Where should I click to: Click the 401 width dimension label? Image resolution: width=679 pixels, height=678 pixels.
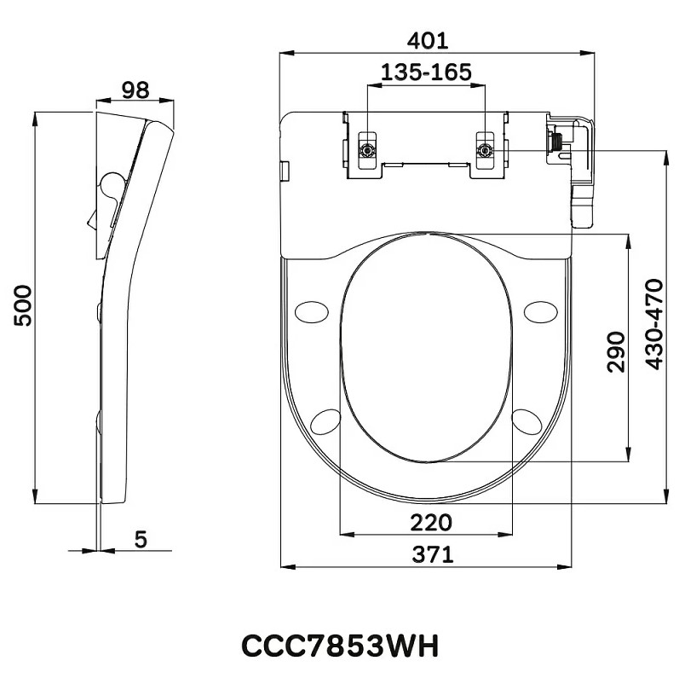(x=427, y=41)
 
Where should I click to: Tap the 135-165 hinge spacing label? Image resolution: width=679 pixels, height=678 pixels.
(x=426, y=72)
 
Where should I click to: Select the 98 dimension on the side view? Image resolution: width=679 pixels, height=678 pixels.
(x=135, y=90)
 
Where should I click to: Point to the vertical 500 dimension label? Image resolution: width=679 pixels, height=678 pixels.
(x=23, y=305)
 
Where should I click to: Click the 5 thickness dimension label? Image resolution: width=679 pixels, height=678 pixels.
(x=141, y=539)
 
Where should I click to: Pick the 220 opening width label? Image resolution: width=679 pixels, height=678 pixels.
(x=431, y=523)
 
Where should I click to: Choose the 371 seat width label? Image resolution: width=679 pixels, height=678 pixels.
(x=432, y=554)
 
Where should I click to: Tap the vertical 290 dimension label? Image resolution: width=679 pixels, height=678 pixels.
(x=616, y=351)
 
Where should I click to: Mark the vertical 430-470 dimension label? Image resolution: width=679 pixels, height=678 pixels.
(x=654, y=324)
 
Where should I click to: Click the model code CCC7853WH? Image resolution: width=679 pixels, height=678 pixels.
(x=340, y=646)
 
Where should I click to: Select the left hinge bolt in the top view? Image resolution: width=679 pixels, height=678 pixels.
(x=367, y=151)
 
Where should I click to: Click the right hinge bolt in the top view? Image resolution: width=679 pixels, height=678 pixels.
(x=484, y=151)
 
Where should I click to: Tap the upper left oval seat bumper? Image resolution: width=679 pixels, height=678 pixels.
(x=311, y=311)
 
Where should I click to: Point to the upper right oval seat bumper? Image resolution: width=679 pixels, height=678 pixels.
(x=541, y=311)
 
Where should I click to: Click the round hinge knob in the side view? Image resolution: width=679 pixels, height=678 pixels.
(x=112, y=184)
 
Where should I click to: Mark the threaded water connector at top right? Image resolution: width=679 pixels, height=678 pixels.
(x=555, y=141)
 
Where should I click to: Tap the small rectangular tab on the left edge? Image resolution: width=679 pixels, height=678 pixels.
(x=285, y=171)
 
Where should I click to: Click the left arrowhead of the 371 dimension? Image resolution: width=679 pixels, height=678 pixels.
(x=288, y=566)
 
